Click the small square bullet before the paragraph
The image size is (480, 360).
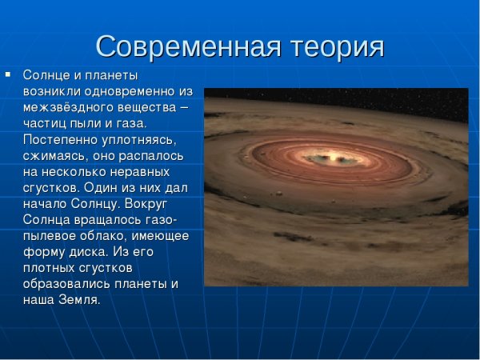click(8, 74)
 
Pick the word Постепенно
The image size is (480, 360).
click(58, 139)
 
